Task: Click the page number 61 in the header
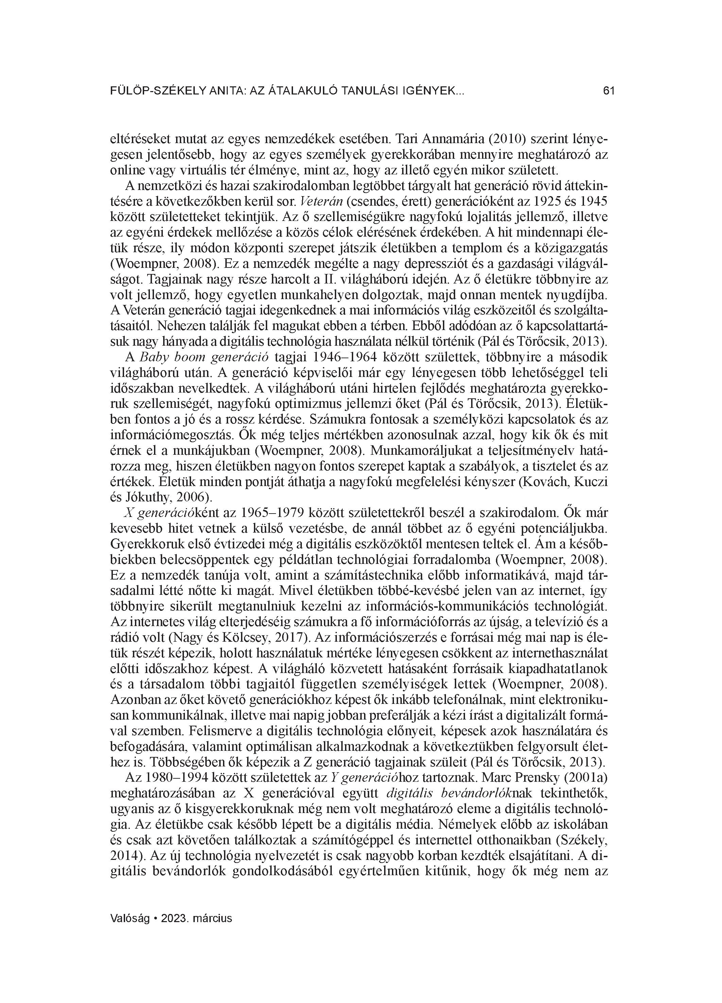[609, 91]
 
